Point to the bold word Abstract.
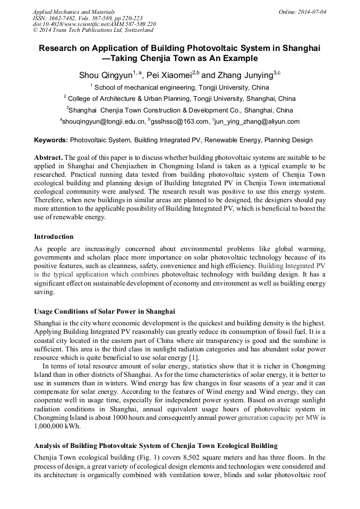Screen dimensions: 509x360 click(x=48, y=159)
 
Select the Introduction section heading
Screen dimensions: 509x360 click(x=54, y=237)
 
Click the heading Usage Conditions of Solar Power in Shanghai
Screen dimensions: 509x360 click(x=105, y=312)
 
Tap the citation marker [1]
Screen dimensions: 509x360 click(x=195, y=358)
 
